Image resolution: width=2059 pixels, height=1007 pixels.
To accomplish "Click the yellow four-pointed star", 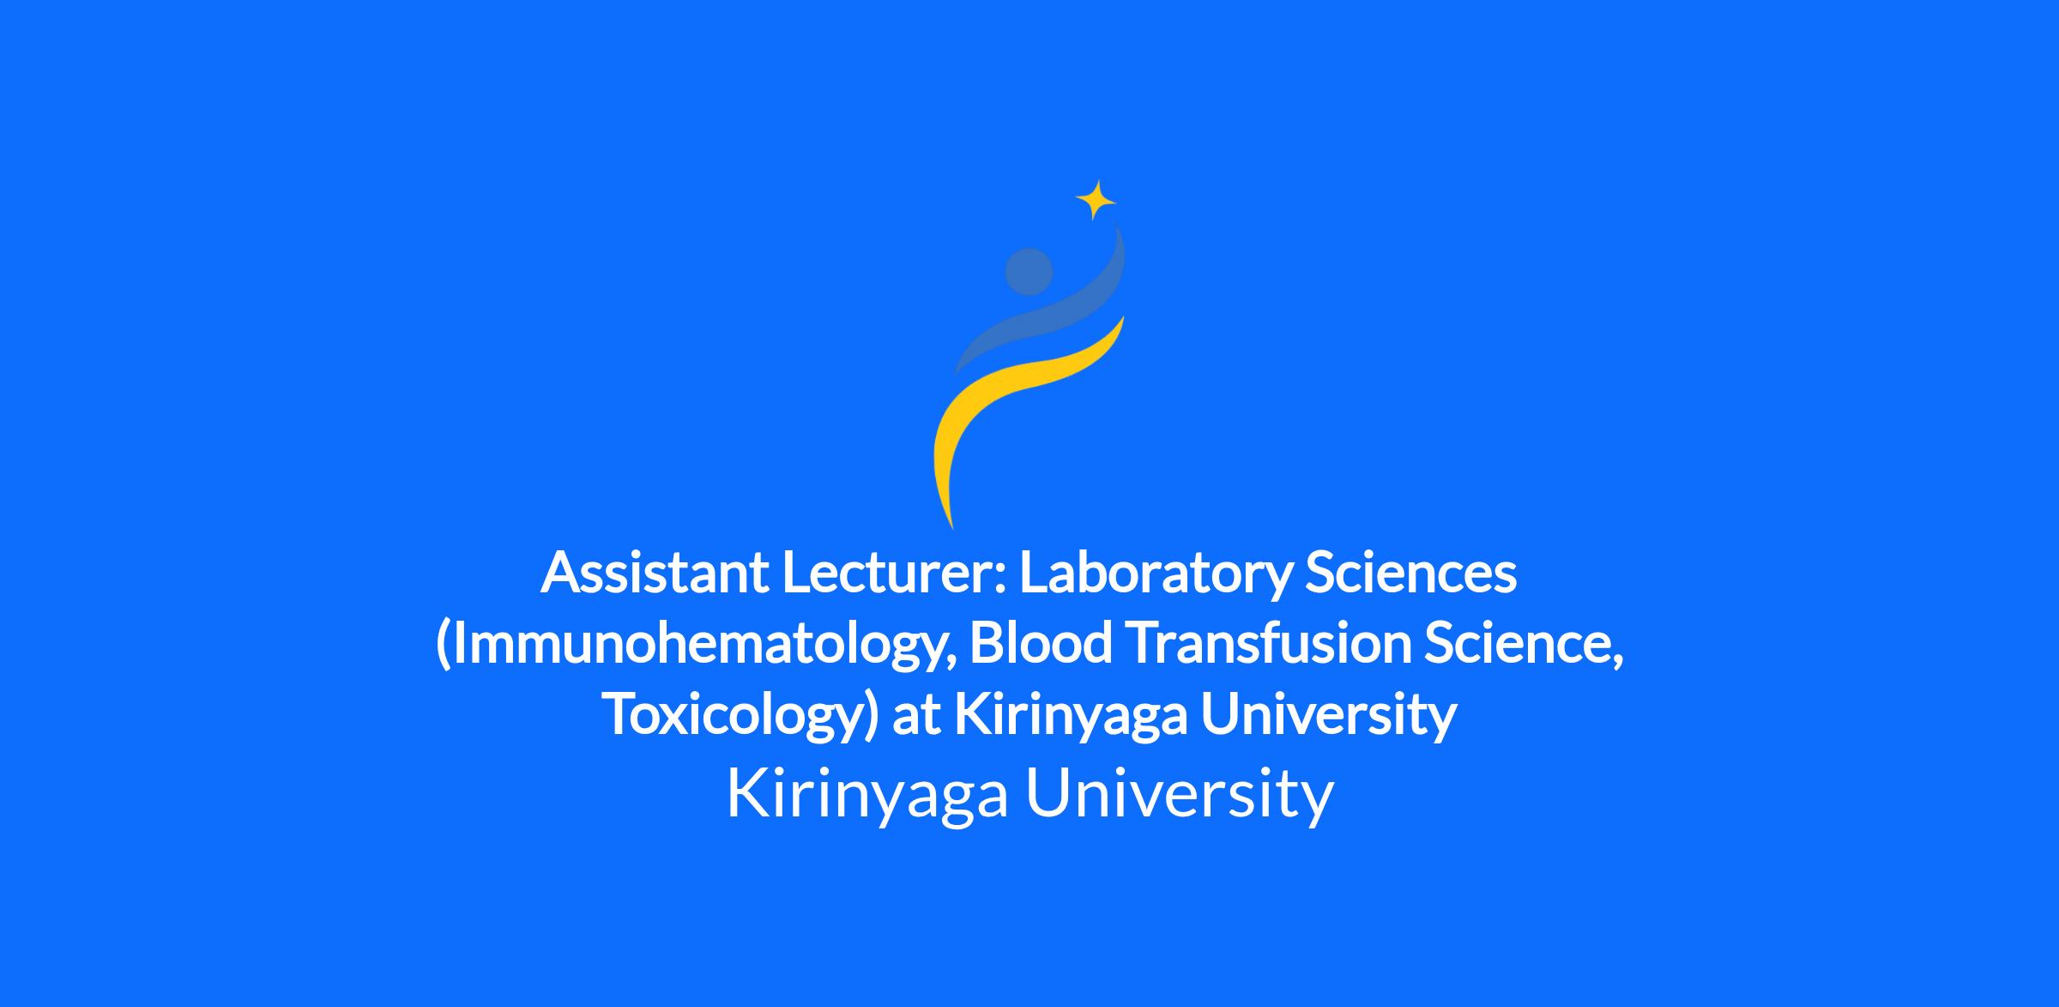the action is (1096, 201).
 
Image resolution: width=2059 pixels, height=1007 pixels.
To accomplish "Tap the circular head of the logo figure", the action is (1029, 271).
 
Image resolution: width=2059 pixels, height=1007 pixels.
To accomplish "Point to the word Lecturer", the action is (892, 573).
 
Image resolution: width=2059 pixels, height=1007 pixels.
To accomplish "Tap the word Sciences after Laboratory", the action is (1410, 573).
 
